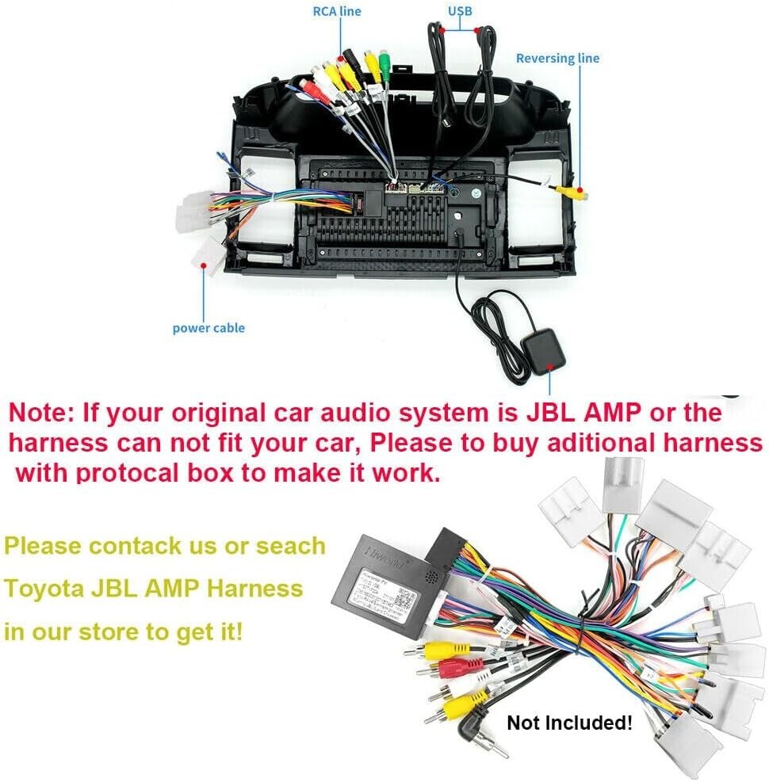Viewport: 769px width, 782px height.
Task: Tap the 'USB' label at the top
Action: pyautogui.click(x=459, y=10)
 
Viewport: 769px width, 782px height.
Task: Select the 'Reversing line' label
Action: pyautogui.click(x=557, y=58)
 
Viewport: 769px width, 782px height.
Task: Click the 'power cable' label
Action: pyautogui.click(x=209, y=328)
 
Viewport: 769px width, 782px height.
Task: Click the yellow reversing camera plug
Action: pyautogui.click(x=572, y=191)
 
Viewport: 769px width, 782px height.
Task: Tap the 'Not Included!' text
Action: pyautogui.click(x=570, y=723)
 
